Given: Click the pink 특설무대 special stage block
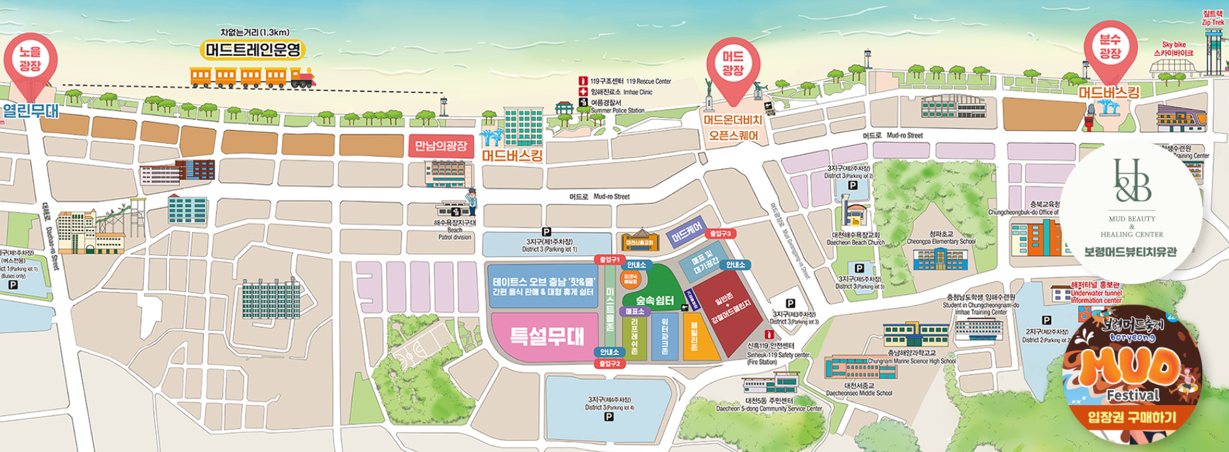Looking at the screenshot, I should [x=546, y=336].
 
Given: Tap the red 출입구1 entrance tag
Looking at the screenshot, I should [x=610, y=260].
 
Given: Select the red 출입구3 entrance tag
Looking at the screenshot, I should [x=722, y=233].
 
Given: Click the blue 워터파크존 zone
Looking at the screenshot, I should [x=664, y=335].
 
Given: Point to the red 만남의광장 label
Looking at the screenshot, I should [x=441, y=146].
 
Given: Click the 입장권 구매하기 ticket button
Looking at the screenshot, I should [x=1132, y=417].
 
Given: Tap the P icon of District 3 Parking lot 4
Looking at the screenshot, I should [x=609, y=417].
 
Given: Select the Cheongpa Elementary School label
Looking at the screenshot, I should [x=941, y=238].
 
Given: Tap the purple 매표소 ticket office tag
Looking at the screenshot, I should [x=634, y=312].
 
